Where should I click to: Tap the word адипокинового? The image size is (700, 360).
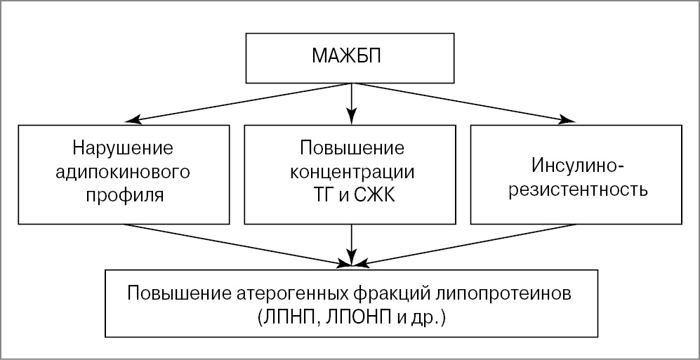123,171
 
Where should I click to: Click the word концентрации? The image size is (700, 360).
352,171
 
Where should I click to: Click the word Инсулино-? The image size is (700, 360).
577,166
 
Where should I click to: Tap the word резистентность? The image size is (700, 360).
576,189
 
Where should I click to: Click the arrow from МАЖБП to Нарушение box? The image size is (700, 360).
239,102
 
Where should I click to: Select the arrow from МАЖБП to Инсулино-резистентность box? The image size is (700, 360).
463,102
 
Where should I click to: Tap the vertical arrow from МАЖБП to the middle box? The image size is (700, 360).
352,102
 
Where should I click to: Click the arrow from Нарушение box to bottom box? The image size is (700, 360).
239,245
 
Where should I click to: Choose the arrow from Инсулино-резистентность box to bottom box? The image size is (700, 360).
467,245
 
